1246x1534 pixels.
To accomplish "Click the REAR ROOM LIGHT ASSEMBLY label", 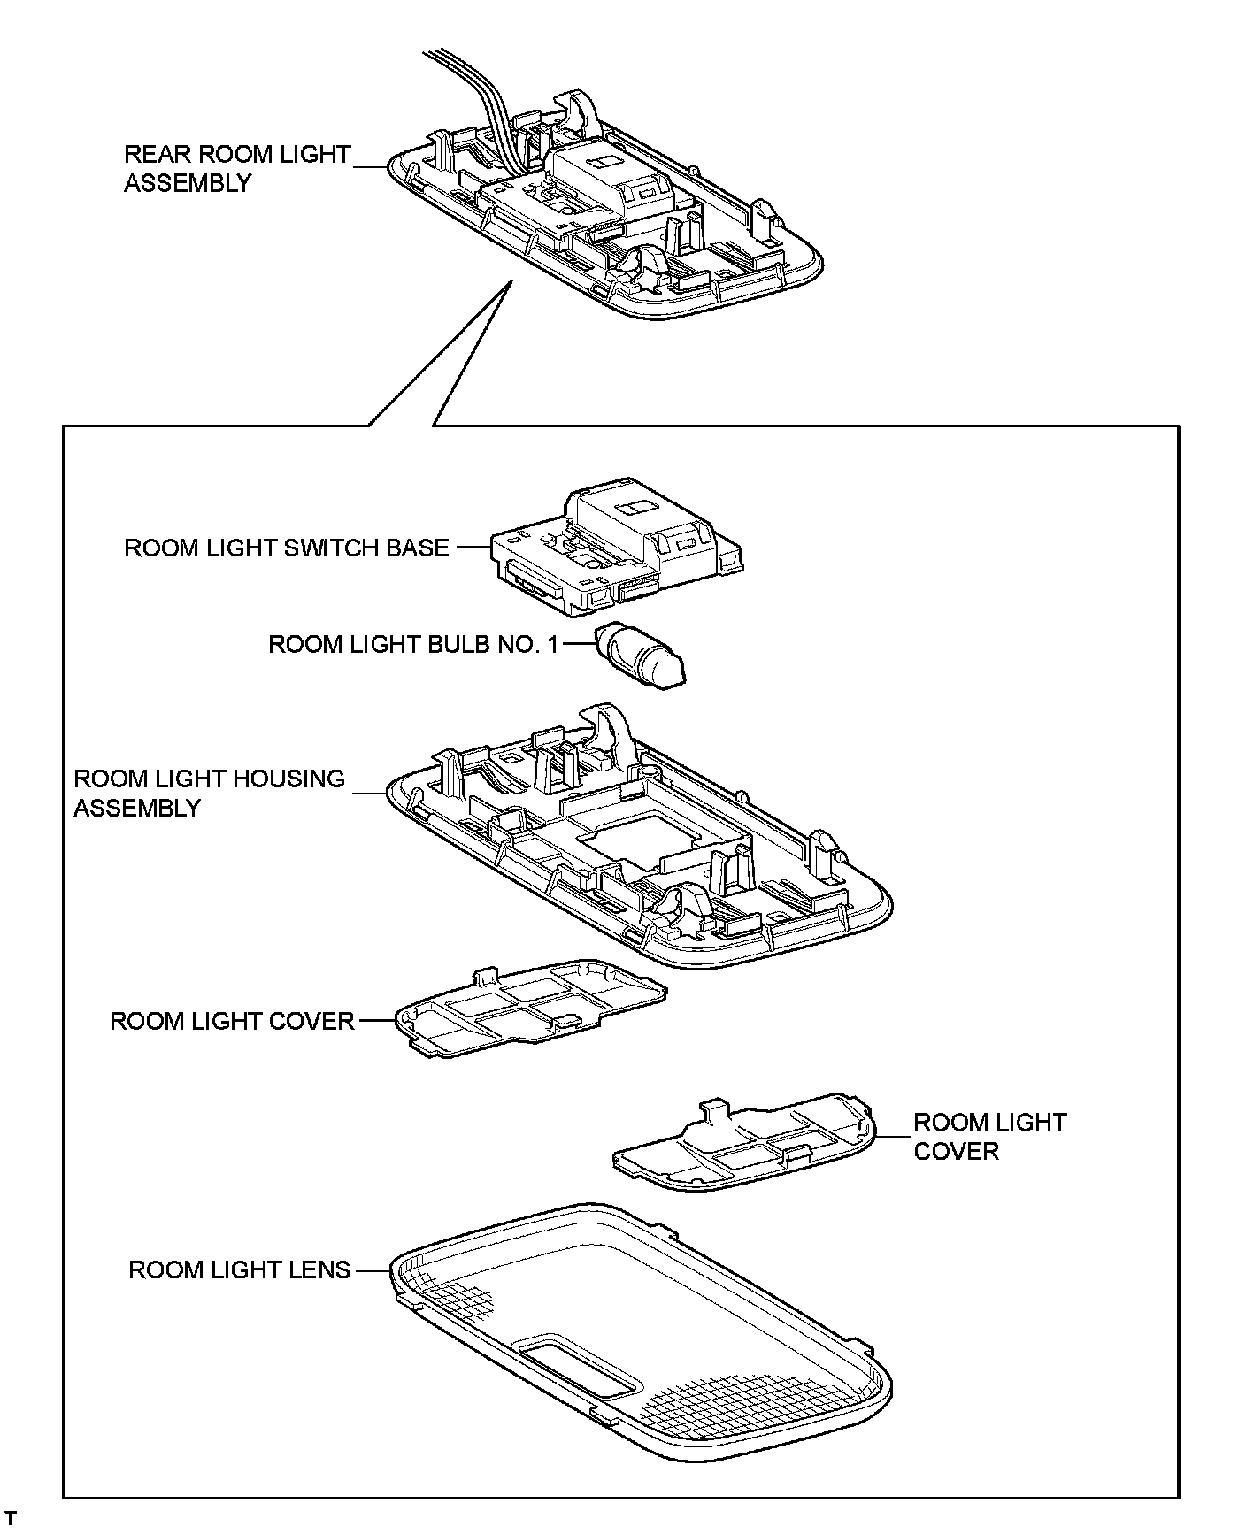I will [x=236, y=168].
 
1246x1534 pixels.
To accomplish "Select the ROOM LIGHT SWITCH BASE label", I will [x=286, y=548].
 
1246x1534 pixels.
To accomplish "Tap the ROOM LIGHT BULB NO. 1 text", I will [x=413, y=644].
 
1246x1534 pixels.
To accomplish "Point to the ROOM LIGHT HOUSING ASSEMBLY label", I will [x=209, y=793].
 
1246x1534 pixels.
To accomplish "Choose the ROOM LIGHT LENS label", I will [x=239, y=1269].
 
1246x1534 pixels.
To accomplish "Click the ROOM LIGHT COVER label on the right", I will [x=989, y=1137].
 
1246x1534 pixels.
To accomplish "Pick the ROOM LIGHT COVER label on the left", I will [x=232, y=1021].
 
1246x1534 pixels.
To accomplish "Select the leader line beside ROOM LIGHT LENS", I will [x=371, y=1270].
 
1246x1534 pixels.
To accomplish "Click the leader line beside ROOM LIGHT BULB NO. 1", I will [x=574, y=644].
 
